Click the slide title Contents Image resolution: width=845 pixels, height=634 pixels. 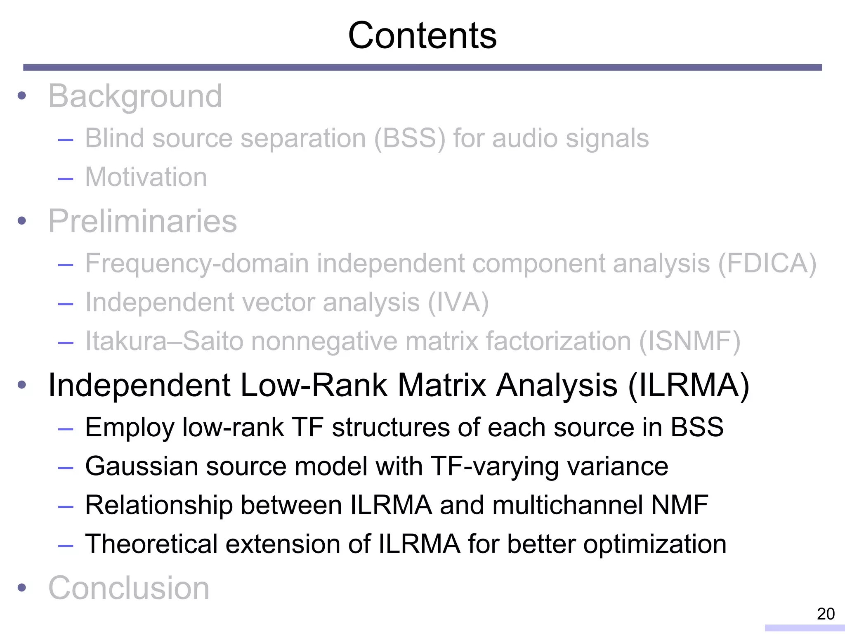422,36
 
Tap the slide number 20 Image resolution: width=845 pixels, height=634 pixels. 826,614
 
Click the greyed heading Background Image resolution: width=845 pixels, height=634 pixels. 135,96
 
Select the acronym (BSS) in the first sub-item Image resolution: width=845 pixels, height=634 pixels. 410,138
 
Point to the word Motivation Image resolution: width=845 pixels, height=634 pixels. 146,177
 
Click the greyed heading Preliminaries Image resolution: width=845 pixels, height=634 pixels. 142,221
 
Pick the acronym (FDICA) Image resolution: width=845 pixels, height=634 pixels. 767,263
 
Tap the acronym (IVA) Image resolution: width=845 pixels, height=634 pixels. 458,303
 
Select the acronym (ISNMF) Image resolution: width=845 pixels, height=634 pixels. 689,341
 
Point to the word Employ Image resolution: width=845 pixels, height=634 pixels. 130,428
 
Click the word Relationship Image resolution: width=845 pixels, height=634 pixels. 158,505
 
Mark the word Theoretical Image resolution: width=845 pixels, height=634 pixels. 151,544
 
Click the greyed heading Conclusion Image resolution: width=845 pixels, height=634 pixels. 129,588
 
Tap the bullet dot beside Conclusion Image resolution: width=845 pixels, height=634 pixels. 22,588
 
